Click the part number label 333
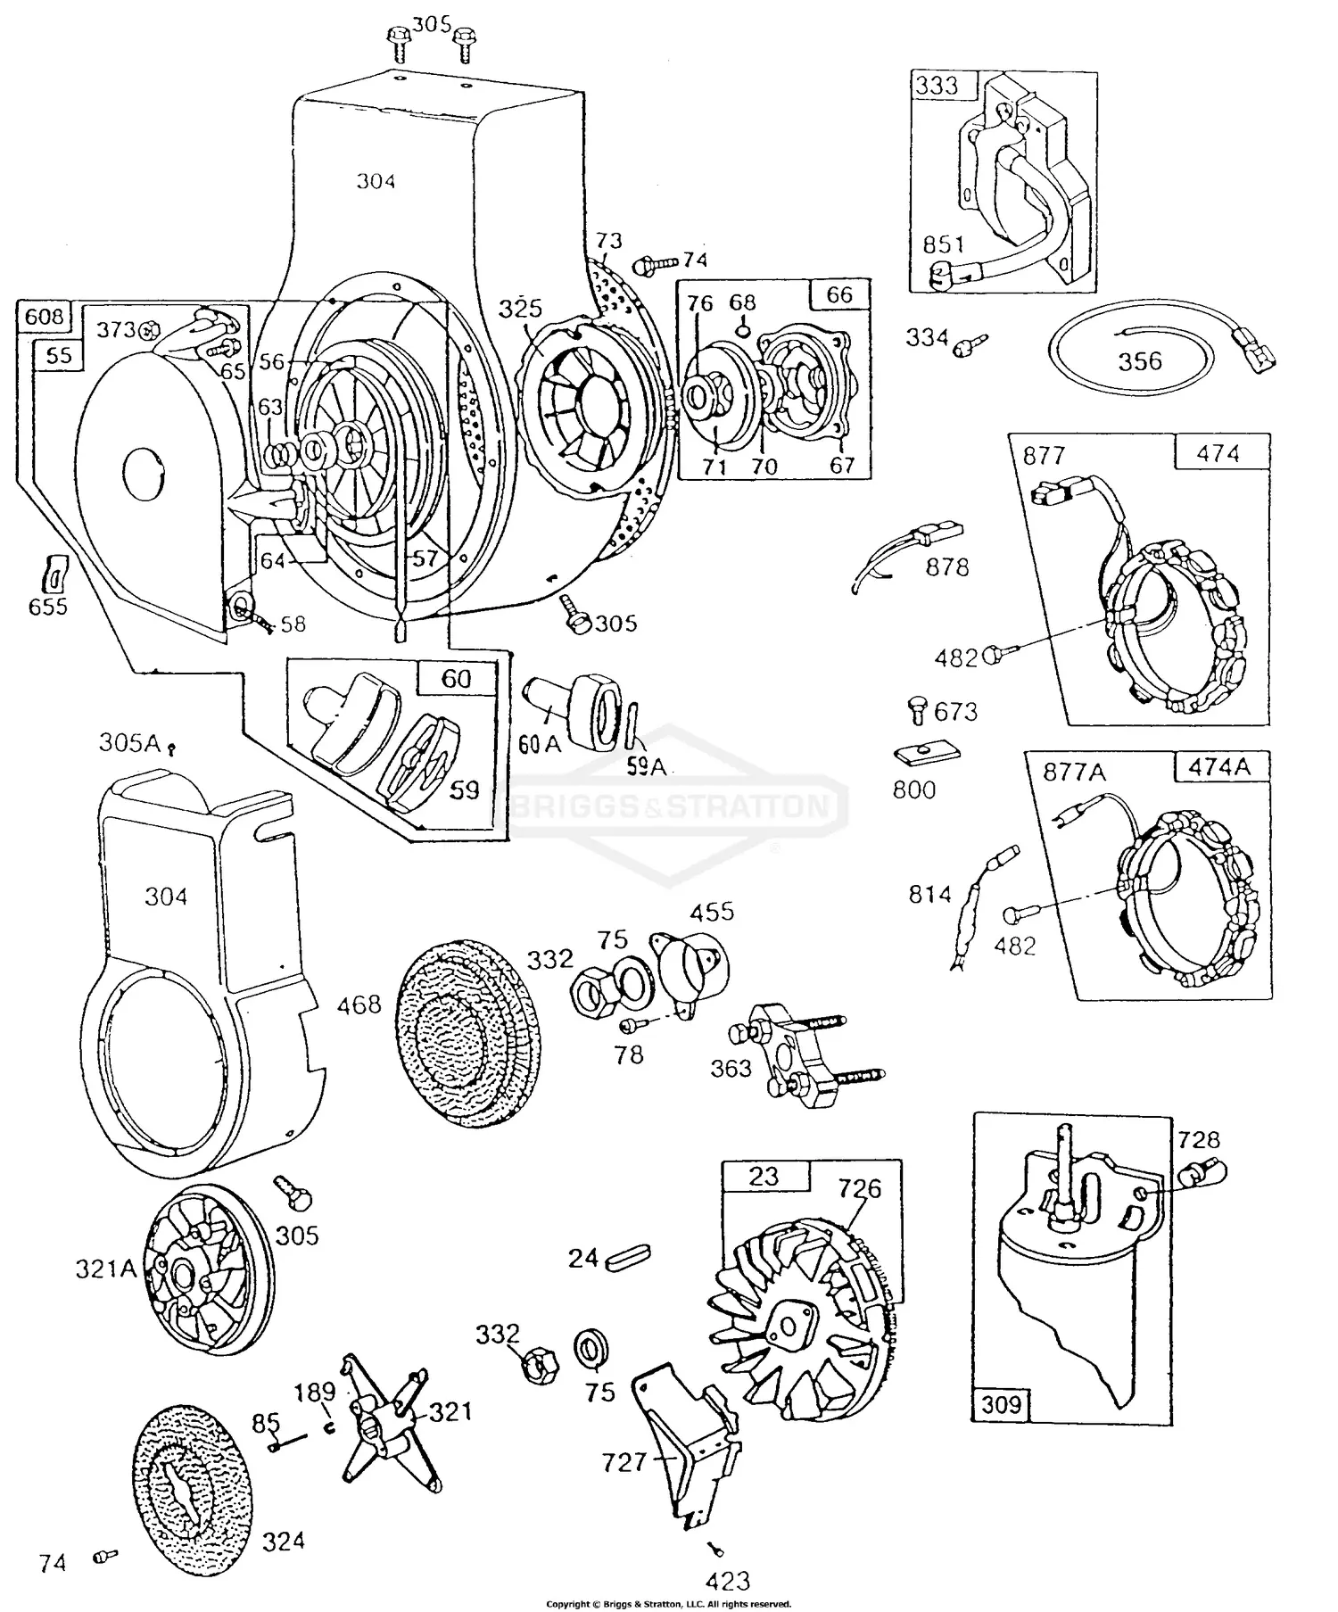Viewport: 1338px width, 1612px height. pos(937,86)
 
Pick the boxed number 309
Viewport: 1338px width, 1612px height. pos(1001,1405)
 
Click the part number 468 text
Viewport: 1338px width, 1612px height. pos(359,1005)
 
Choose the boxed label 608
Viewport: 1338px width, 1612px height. pos(44,316)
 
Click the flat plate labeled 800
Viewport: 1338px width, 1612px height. pos(927,755)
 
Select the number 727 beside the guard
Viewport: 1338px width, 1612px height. pos(624,1462)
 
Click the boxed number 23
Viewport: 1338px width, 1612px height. pos(764,1177)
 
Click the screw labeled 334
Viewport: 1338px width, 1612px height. pos(969,345)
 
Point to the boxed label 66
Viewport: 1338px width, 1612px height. pos(839,294)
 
